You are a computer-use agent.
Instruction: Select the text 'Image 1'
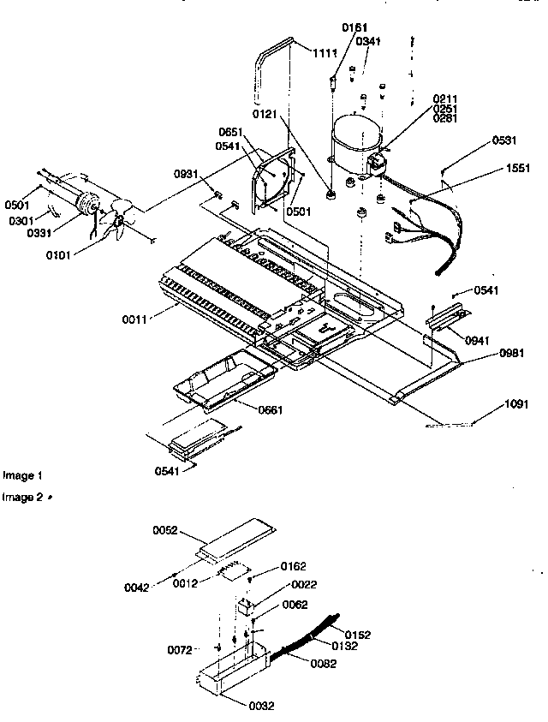[22, 474]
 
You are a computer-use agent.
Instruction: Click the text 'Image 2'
[22, 497]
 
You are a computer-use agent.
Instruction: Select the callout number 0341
[369, 40]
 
